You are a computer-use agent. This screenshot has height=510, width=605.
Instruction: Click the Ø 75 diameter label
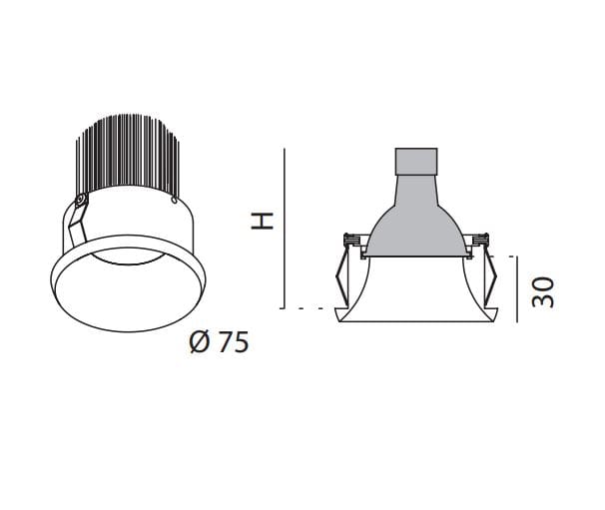point(220,342)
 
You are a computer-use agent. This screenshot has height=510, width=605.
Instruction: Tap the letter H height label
point(263,221)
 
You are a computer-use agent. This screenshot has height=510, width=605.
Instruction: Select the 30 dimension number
point(543,292)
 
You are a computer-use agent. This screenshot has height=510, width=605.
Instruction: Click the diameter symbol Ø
point(200,342)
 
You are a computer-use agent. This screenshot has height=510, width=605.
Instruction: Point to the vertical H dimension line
point(285,229)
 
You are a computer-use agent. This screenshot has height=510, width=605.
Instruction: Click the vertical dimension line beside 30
point(517,289)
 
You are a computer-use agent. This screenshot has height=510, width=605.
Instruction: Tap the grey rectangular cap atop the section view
point(416,162)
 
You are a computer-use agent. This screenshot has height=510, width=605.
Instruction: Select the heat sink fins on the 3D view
point(128,155)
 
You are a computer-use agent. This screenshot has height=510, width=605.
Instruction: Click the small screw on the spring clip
point(81,200)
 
